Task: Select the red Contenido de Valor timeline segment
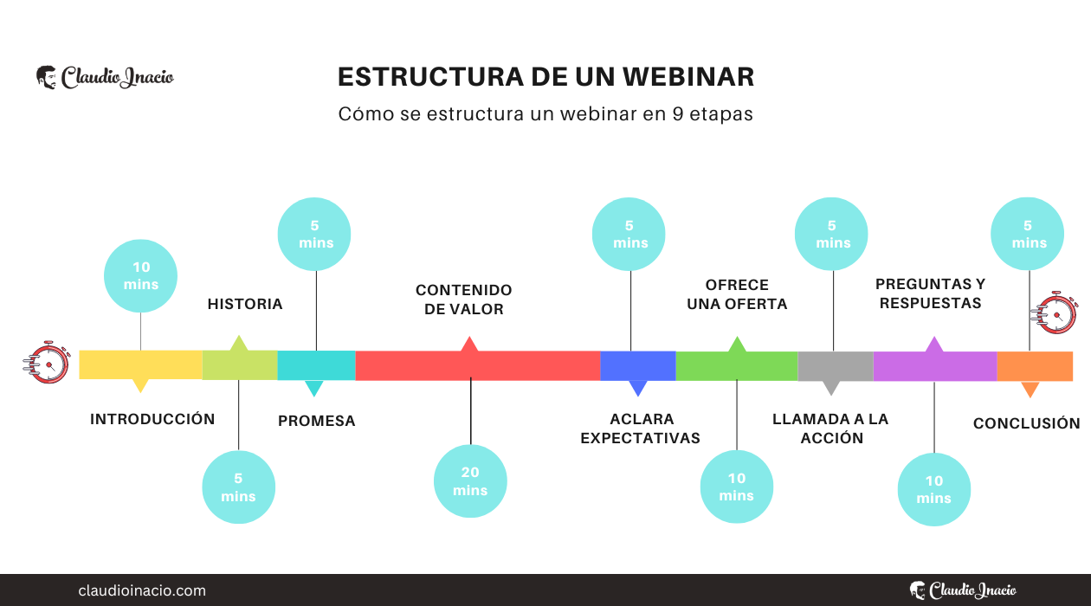477,365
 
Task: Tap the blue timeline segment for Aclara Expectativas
638,365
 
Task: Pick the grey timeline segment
835,366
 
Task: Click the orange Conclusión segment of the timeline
1034,366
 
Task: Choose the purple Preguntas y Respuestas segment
934,366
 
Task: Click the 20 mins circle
470,481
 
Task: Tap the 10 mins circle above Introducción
141,276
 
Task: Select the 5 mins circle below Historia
238,487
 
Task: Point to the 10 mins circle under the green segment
736,487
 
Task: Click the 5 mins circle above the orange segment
1028,234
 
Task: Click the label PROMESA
317,422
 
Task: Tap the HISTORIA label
245,304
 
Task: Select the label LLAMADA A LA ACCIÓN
830,429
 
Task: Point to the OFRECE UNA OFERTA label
737,294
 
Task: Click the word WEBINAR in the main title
688,77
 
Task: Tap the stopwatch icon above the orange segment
1055,313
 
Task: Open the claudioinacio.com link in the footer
142,590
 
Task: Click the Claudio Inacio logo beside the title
105,77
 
